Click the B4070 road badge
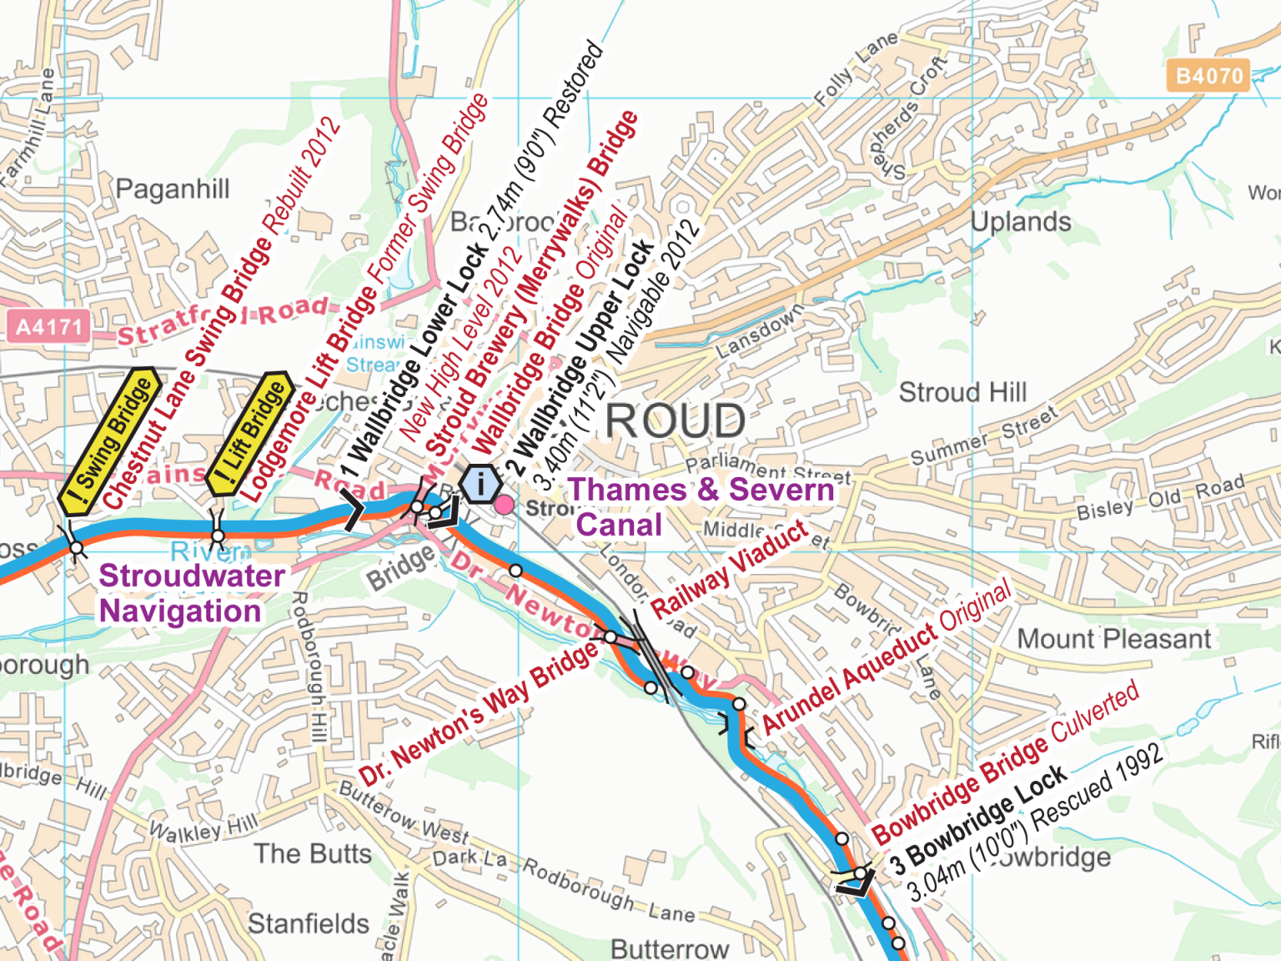point(1208,76)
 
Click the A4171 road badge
point(48,326)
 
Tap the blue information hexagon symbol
point(480,484)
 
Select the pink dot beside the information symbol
point(505,504)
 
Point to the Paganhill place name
point(172,189)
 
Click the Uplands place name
point(1021,222)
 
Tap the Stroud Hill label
point(962,392)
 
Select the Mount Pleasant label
point(1113,639)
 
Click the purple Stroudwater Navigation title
point(191,593)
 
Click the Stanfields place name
point(308,923)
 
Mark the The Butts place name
point(313,853)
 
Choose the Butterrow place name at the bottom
point(670,948)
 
